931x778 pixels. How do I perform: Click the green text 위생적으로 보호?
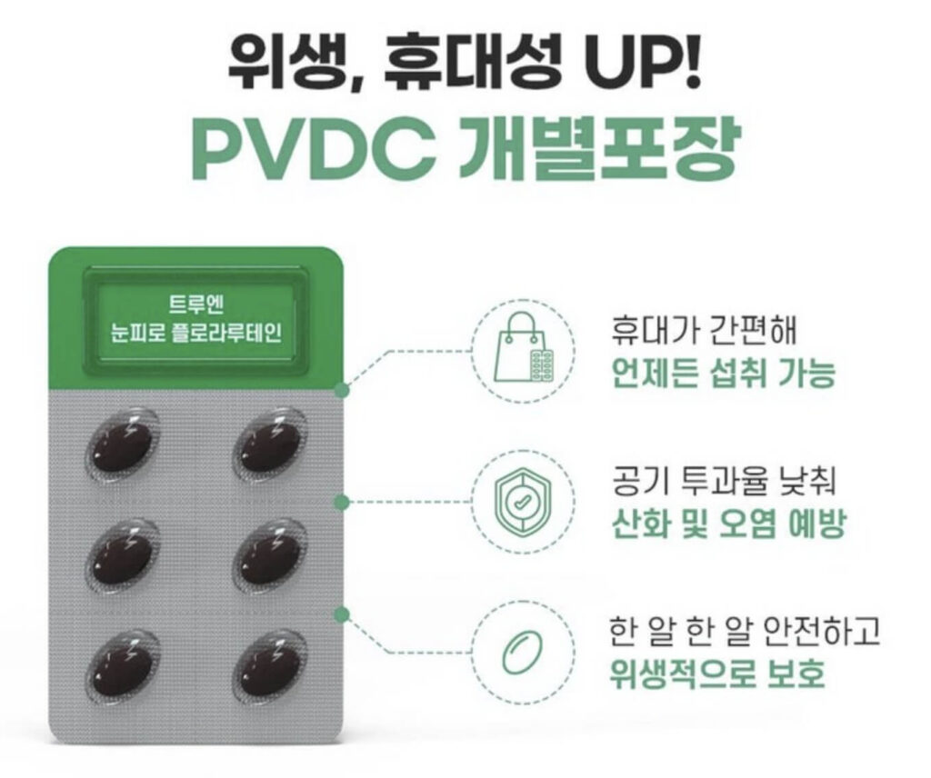717,673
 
